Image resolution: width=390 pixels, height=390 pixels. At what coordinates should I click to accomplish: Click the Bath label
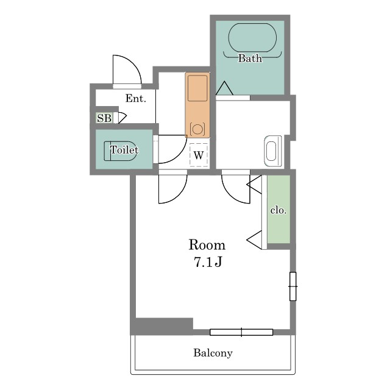(250, 58)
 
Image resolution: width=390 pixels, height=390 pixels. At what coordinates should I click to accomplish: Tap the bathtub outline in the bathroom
(252, 24)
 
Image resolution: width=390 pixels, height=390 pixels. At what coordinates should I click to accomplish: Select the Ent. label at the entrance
(135, 98)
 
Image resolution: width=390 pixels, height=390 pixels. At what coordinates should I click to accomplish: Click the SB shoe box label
(104, 118)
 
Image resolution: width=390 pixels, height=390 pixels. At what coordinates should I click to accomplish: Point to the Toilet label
(124, 150)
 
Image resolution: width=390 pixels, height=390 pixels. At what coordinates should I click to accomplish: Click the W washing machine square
(199, 155)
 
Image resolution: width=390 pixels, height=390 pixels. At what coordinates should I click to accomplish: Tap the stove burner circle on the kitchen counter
(197, 129)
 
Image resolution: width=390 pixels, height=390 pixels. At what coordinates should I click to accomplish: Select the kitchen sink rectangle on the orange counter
(197, 88)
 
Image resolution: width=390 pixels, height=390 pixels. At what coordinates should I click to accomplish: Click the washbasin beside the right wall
(273, 151)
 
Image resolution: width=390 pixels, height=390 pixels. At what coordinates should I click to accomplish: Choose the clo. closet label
(278, 210)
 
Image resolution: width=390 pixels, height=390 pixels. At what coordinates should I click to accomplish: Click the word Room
(207, 245)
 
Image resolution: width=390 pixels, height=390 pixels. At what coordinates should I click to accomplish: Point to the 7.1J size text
(208, 261)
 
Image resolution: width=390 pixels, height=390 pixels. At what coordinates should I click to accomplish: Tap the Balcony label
(213, 353)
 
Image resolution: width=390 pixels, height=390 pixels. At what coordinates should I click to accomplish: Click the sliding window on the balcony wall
(241, 332)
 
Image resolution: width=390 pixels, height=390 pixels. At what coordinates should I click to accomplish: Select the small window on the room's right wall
(292, 286)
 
